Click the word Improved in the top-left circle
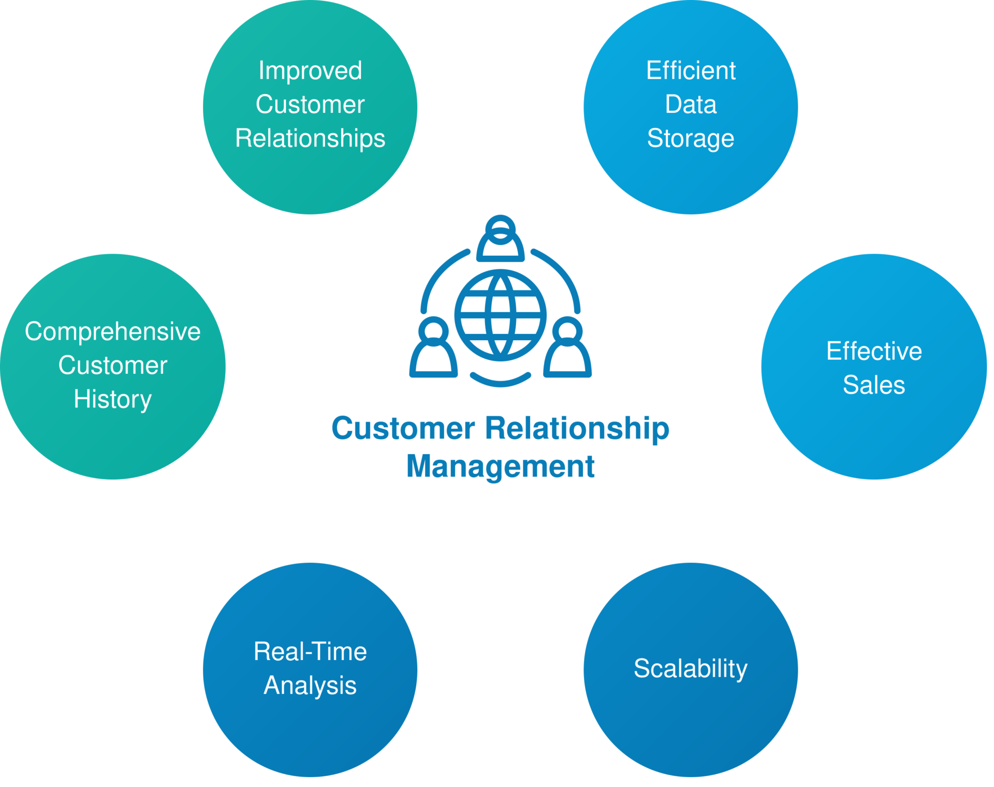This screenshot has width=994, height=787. (x=310, y=71)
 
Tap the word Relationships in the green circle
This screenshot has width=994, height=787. (x=310, y=139)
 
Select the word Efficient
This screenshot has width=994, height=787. (x=691, y=70)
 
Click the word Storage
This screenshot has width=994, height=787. (x=691, y=139)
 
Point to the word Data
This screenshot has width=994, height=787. (x=691, y=105)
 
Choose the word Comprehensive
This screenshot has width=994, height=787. (x=113, y=332)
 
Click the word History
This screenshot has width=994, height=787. (x=113, y=400)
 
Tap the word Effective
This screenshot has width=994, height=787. (x=874, y=351)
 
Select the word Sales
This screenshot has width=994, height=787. (x=874, y=385)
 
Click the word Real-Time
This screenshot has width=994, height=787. (x=310, y=651)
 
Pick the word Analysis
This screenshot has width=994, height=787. (x=310, y=686)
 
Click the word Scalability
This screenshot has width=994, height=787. (x=691, y=669)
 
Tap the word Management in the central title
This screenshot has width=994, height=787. (x=500, y=466)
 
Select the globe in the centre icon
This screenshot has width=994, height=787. (x=500, y=315)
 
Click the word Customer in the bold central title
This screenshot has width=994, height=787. (x=403, y=429)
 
